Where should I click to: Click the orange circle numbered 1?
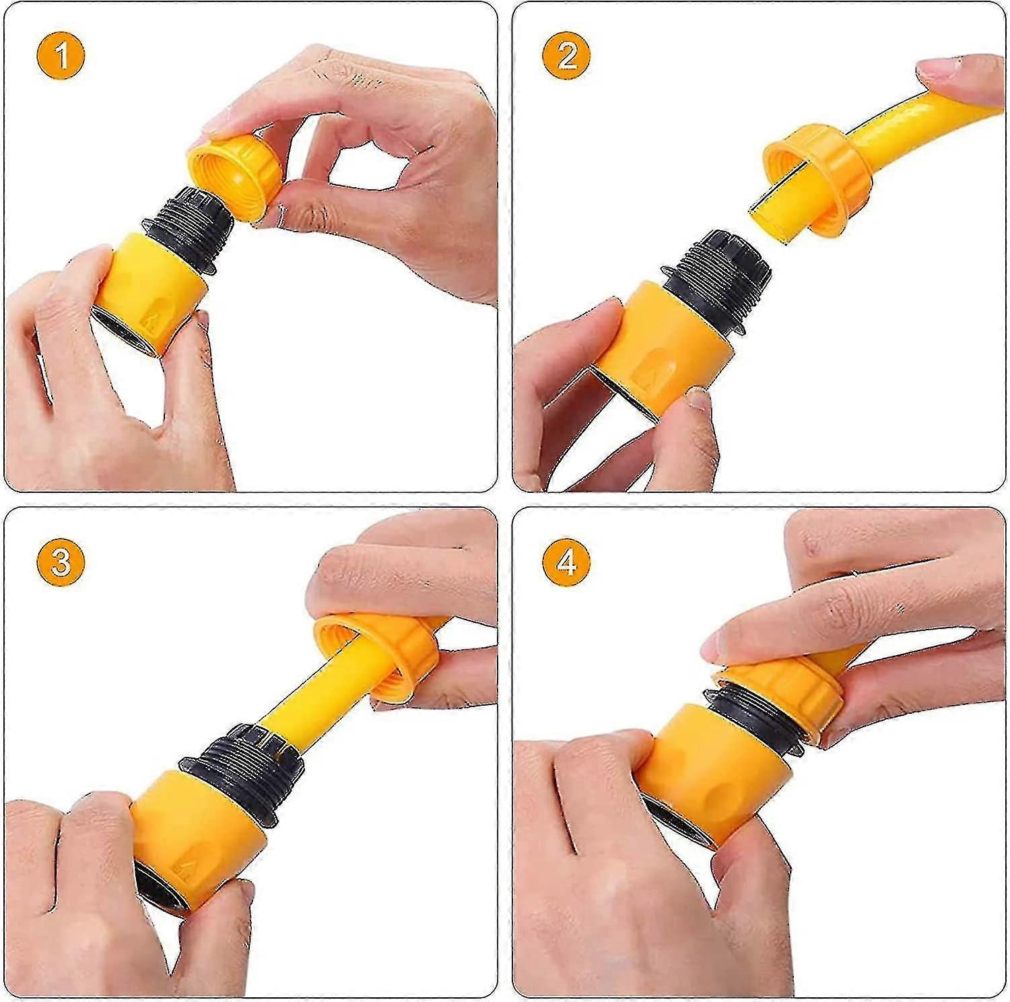point(61,57)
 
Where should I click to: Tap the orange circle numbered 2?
point(567,57)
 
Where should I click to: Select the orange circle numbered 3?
point(61,561)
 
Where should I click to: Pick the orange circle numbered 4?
point(567,561)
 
